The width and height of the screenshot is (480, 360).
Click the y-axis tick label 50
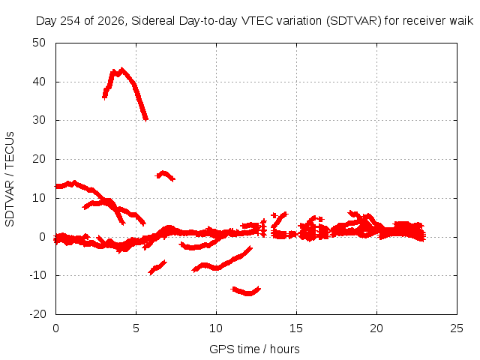[39, 43]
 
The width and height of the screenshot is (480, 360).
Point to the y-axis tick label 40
[39, 82]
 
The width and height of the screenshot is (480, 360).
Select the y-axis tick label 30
[39, 120]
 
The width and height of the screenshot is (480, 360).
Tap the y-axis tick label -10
[37, 275]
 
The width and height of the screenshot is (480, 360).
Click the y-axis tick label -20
[37, 314]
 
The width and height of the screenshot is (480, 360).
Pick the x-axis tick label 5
[136, 328]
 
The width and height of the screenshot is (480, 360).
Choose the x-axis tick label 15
[296, 328]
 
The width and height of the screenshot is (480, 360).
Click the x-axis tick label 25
[457, 328]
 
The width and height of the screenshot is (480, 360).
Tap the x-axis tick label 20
[376, 328]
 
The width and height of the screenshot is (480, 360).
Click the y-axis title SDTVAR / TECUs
[10, 179]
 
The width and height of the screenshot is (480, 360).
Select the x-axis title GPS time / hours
[254, 349]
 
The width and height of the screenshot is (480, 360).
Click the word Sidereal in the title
[153, 21]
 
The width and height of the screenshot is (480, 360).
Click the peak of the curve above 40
[122, 70]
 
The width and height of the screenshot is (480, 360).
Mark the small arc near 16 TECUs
[165, 175]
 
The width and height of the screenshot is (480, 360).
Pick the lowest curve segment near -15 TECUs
[246, 291]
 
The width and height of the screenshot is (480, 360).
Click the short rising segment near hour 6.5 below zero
[157, 268]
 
